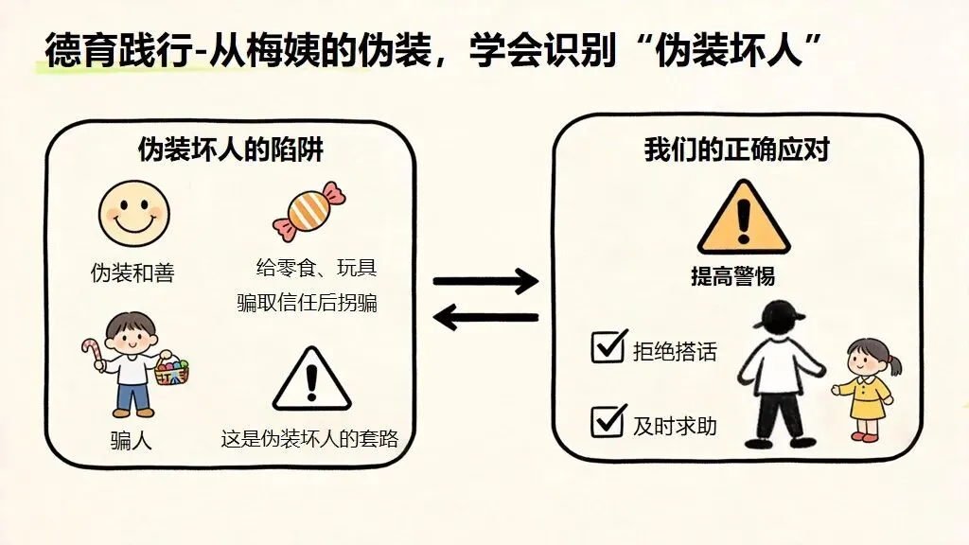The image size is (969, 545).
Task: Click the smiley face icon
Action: coord(133,214)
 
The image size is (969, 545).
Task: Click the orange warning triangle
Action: coord(743,219)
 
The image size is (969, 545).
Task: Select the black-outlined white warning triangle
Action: coord(311,379)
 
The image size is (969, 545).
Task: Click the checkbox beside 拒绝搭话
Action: coord(608,346)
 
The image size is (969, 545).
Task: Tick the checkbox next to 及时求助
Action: coord(608,420)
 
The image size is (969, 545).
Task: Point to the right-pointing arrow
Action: coord(484,281)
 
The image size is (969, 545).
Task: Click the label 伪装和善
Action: coord(132,274)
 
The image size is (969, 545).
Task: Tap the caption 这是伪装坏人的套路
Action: coord(309,440)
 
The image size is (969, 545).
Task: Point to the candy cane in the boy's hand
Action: coord(92,356)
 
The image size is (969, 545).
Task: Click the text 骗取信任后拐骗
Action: coord(308,304)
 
